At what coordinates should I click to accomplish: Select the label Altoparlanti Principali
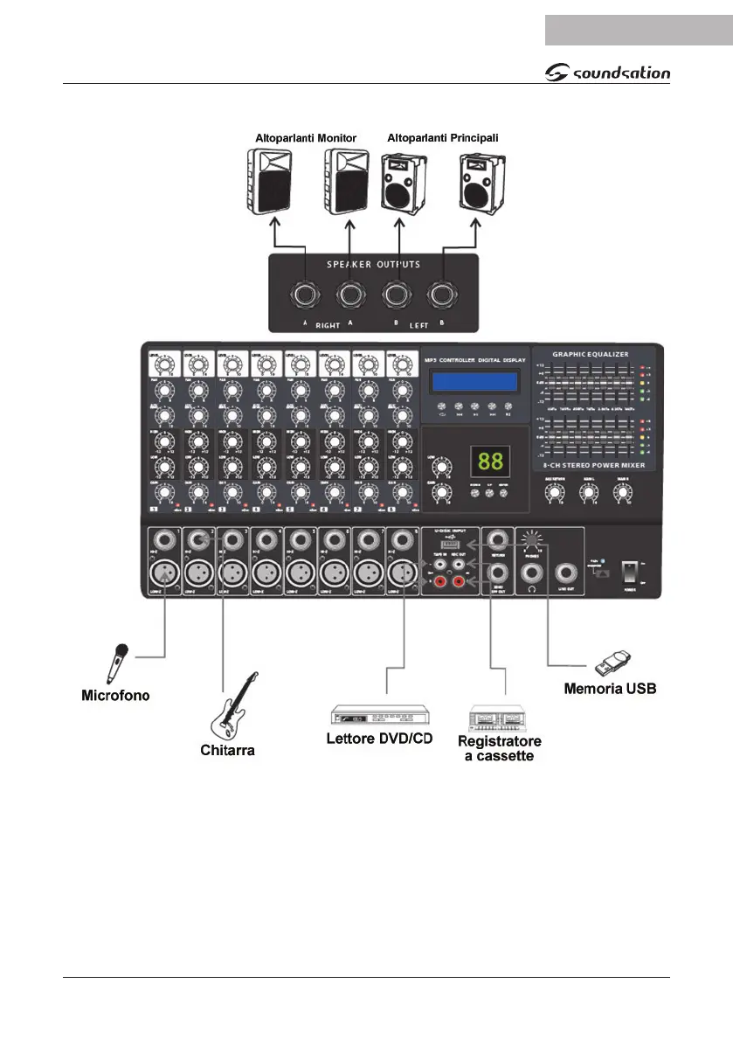[442, 138]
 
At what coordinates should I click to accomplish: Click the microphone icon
[118, 663]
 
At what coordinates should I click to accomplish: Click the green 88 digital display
[488, 460]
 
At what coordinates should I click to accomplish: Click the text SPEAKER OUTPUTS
[374, 264]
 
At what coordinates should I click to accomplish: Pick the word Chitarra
[227, 750]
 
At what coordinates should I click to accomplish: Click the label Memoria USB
[610, 689]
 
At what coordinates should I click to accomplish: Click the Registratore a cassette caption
[500, 748]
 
